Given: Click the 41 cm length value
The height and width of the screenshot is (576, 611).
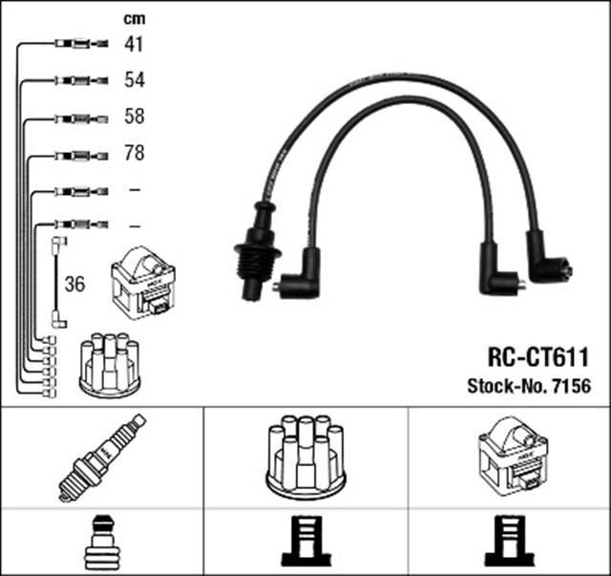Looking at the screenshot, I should click(x=134, y=43).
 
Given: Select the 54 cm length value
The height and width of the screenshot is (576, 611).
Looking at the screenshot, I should click(x=134, y=80).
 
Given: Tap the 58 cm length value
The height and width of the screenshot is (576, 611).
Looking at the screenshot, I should click(x=134, y=117).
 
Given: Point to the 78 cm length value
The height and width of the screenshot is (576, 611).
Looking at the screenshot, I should click(x=134, y=154).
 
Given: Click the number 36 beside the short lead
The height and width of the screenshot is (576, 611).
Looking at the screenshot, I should click(x=74, y=284).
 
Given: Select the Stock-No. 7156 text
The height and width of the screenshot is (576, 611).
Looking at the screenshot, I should click(x=528, y=387).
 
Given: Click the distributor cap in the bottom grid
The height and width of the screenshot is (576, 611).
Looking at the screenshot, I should click(x=305, y=456).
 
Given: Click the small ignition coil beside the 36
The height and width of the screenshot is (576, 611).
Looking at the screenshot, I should click(x=143, y=283).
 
